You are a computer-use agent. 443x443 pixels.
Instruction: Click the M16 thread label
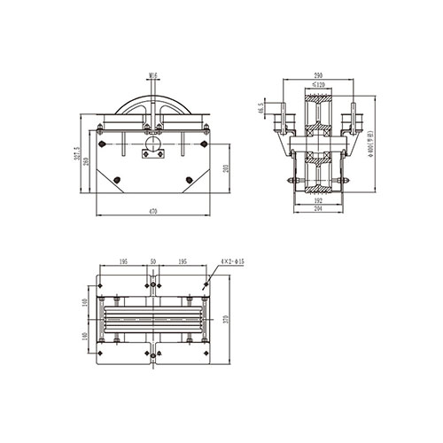(153, 76)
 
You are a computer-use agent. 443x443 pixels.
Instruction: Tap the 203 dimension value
(227, 168)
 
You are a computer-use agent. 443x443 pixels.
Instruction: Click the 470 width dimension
(152, 212)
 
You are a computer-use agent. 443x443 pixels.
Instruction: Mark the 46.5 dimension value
(260, 111)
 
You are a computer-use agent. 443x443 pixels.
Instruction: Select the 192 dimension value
(316, 202)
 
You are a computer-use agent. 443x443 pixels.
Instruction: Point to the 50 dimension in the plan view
(153, 263)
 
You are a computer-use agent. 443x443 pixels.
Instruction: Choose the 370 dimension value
(227, 319)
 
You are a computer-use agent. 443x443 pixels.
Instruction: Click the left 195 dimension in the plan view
(123, 263)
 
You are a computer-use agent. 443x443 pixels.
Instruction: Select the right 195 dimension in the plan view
(182, 263)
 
